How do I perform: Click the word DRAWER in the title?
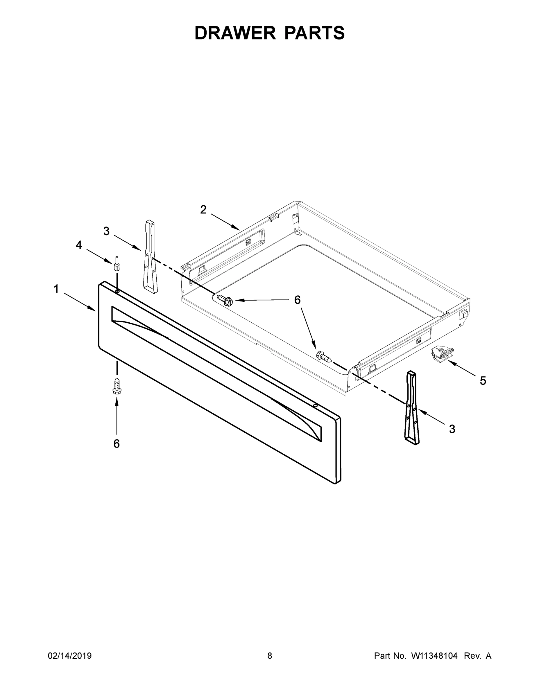pos(235,33)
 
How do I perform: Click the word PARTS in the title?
pos(314,33)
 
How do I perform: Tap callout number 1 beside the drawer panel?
pos(56,289)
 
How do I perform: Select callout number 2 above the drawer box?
pos(203,210)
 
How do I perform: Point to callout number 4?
pos(78,245)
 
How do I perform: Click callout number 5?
pos(483,381)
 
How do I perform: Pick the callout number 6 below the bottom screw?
pos(117,443)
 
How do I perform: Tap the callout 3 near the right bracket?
pos(452,429)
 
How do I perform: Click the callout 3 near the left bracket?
pos(106,231)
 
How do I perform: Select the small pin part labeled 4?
pos(117,264)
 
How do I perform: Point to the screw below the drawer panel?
pos(117,386)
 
